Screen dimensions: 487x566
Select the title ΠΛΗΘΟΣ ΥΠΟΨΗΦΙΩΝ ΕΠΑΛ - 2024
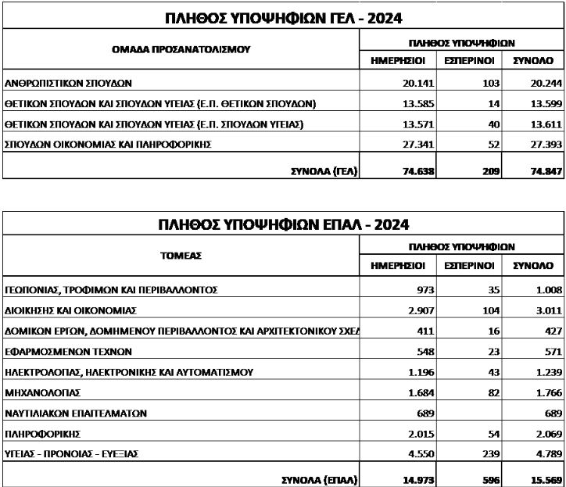[x=282, y=226]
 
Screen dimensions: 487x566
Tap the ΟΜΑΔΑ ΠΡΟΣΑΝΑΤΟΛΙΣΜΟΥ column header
[x=181, y=48]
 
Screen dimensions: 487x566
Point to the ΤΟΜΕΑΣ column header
[x=181, y=255]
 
